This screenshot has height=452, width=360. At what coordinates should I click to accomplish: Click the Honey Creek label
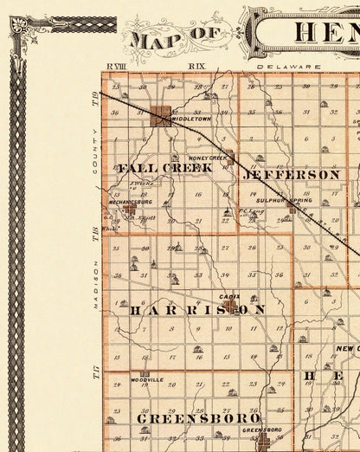[207, 158]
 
